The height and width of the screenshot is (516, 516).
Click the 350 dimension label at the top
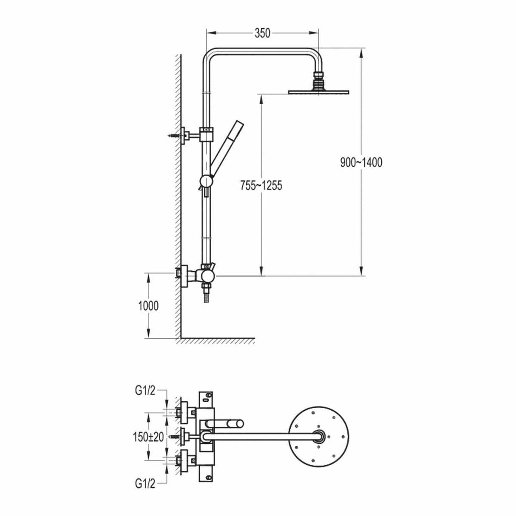pyautogui.click(x=262, y=33)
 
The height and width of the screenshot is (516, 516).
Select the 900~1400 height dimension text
pyautogui.click(x=361, y=162)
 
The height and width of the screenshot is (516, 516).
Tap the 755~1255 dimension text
pyautogui.click(x=261, y=185)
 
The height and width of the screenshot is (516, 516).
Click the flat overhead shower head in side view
pyautogui.click(x=318, y=91)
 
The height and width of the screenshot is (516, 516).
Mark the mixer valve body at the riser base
pyautogui.click(x=207, y=276)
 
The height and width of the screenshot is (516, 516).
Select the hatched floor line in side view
pyautogui.click(x=217, y=340)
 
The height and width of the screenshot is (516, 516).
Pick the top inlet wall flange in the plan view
pyautogui.click(x=184, y=412)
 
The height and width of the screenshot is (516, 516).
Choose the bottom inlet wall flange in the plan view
pyautogui.click(x=184, y=460)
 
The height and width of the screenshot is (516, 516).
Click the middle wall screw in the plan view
pyautogui.click(x=174, y=436)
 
